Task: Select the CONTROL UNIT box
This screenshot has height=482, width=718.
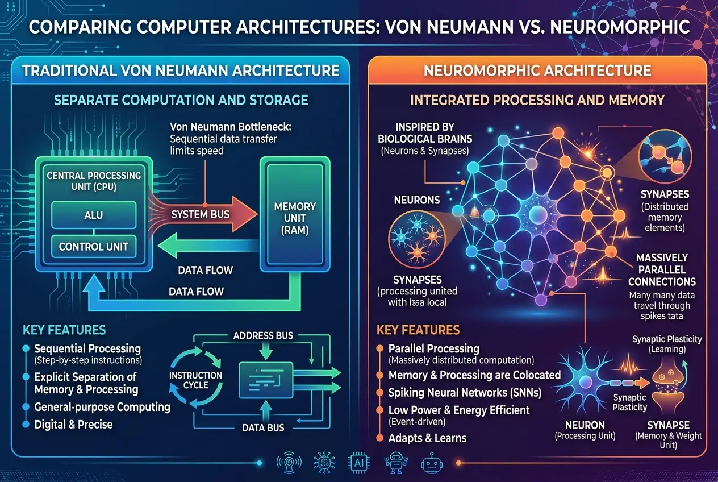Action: point(93,247)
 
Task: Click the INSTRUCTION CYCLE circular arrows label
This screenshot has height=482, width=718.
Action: point(195,380)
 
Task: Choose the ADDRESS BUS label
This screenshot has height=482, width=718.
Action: point(263,335)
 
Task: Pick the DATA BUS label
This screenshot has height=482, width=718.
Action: point(263,427)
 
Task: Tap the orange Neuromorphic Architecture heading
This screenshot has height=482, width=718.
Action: point(537,70)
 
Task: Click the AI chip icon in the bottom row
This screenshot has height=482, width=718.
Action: point(359,463)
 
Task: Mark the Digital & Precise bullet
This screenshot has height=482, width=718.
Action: point(73,425)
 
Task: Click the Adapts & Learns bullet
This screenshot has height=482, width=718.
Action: point(427,438)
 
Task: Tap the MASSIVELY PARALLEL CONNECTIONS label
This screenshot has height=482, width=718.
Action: point(661,270)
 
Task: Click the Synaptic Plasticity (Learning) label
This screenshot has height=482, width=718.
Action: point(667,344)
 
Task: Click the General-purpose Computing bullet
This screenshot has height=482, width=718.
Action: point(102,407)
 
